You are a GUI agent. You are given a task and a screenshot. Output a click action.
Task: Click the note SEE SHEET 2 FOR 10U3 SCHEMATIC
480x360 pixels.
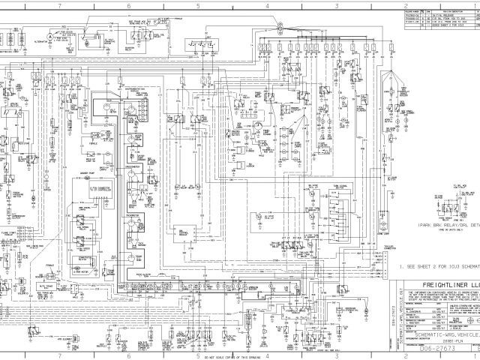click(443, 266)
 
